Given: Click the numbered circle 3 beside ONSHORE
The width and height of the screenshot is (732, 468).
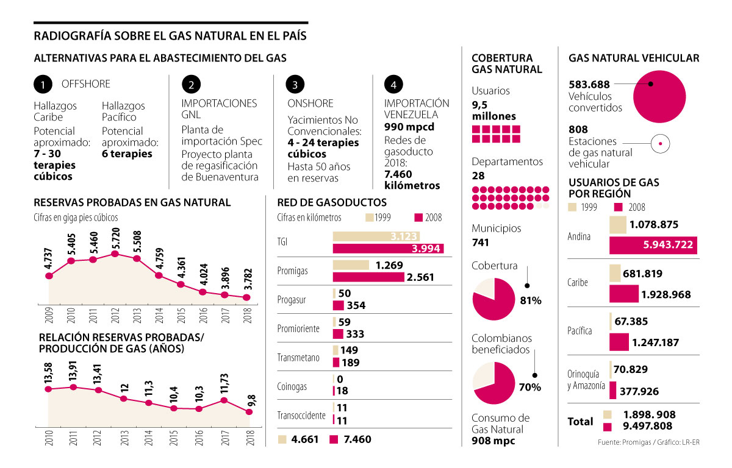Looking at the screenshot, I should coord(295,84).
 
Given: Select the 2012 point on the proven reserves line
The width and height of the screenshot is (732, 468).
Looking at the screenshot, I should coord(115,253).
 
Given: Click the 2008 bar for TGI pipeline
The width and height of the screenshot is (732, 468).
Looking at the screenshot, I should coord(388,248).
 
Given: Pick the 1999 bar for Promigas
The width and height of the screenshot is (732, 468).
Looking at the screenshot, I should coord(351,265).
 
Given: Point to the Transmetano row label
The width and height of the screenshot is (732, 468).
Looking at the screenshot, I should coord(298,358).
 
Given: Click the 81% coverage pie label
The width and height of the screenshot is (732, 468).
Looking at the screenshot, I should coord(531,300).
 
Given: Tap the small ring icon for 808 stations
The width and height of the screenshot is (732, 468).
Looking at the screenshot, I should coord(661,144).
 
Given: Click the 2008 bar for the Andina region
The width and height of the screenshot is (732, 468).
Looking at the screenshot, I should coord(653,246).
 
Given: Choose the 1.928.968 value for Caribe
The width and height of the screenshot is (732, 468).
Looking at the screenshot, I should coord(666,295).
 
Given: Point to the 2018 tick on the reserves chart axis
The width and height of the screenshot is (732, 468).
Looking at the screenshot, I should coord(247,316).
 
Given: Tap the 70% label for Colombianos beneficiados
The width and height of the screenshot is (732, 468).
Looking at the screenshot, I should coord(530,388).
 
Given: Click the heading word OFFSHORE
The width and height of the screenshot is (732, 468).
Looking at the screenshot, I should coord(86,84).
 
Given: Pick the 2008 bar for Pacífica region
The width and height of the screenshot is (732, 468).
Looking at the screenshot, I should coord(619,342).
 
